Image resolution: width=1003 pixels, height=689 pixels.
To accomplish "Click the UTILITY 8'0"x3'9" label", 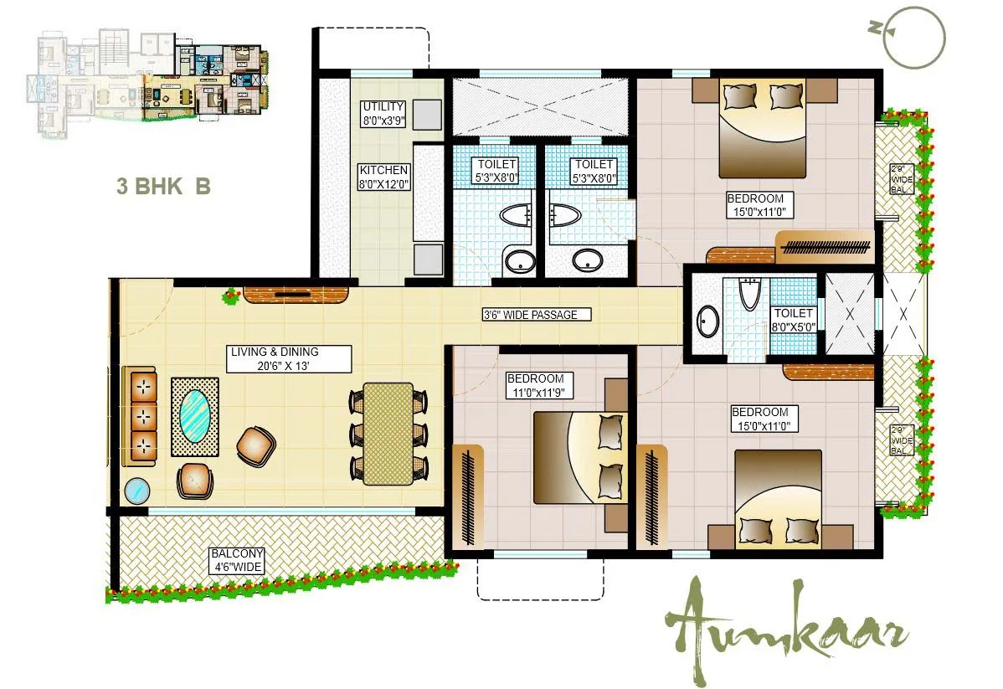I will coord(383,113).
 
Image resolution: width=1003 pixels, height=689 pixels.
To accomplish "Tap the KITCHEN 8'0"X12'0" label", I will coord(383,177).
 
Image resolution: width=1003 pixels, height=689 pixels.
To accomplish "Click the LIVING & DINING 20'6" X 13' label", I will coord(286,359).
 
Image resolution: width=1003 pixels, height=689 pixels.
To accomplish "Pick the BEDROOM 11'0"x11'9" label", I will coord(540,385).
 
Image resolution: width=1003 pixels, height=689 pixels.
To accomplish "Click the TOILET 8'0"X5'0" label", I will coord(793,319).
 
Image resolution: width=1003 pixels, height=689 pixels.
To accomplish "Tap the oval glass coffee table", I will coord(195,416).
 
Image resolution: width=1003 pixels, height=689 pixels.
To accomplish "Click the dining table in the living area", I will coord(388,433).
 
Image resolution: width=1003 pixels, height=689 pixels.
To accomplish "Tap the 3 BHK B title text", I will coord(163,186).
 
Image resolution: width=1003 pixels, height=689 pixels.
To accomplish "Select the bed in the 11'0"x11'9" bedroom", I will coord(579,457).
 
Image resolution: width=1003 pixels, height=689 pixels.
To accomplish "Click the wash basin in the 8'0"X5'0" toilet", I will coord(708,321).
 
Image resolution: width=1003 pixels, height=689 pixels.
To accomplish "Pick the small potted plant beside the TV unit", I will coord(230,296).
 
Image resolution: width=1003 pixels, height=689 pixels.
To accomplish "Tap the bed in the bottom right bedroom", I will coord(779,500).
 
